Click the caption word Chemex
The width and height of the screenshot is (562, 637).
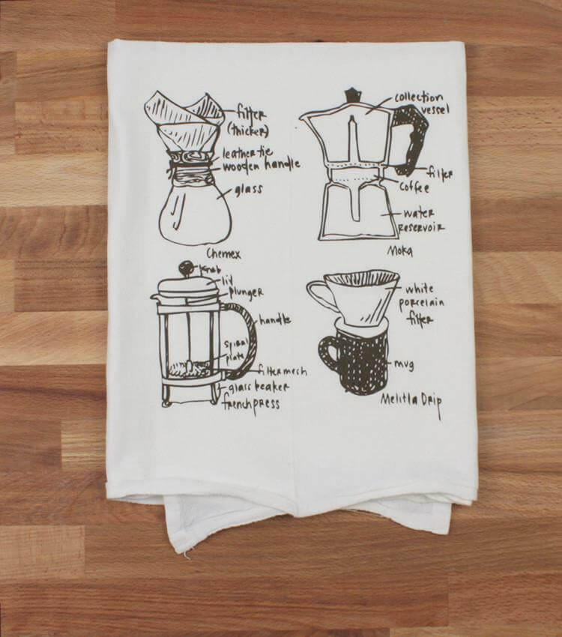[x=226, y=254]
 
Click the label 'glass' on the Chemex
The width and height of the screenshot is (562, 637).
[x=248, y=190]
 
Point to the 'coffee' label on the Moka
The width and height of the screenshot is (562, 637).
[x=414, y=187]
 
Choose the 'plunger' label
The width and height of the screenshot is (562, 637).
[x=246, y=291]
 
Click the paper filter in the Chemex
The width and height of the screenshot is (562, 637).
[x=184, y=121]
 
